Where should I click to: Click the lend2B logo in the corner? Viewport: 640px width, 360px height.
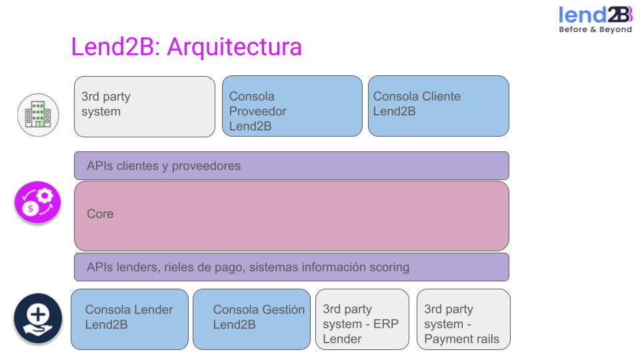595,15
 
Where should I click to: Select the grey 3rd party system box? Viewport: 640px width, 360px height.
144,107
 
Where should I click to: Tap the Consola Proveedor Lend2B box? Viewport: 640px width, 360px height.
291,107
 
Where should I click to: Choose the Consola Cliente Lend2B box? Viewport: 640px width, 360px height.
438,107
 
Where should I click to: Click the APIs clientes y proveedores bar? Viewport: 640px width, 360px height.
291,165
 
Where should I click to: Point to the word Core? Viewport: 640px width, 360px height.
100,214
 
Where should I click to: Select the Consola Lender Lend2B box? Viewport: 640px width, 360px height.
129,319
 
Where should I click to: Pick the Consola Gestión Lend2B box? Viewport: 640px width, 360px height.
251,319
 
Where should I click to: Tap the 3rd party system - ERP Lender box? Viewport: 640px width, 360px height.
362,319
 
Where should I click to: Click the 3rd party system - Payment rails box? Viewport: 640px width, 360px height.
463,319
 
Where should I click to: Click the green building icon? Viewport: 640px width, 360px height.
38,115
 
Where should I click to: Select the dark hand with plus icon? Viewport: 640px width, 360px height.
38,318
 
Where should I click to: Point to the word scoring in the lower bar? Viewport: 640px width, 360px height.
386,267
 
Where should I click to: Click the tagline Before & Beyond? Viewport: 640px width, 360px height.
595,29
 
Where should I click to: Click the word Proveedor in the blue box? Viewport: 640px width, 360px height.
257,111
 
